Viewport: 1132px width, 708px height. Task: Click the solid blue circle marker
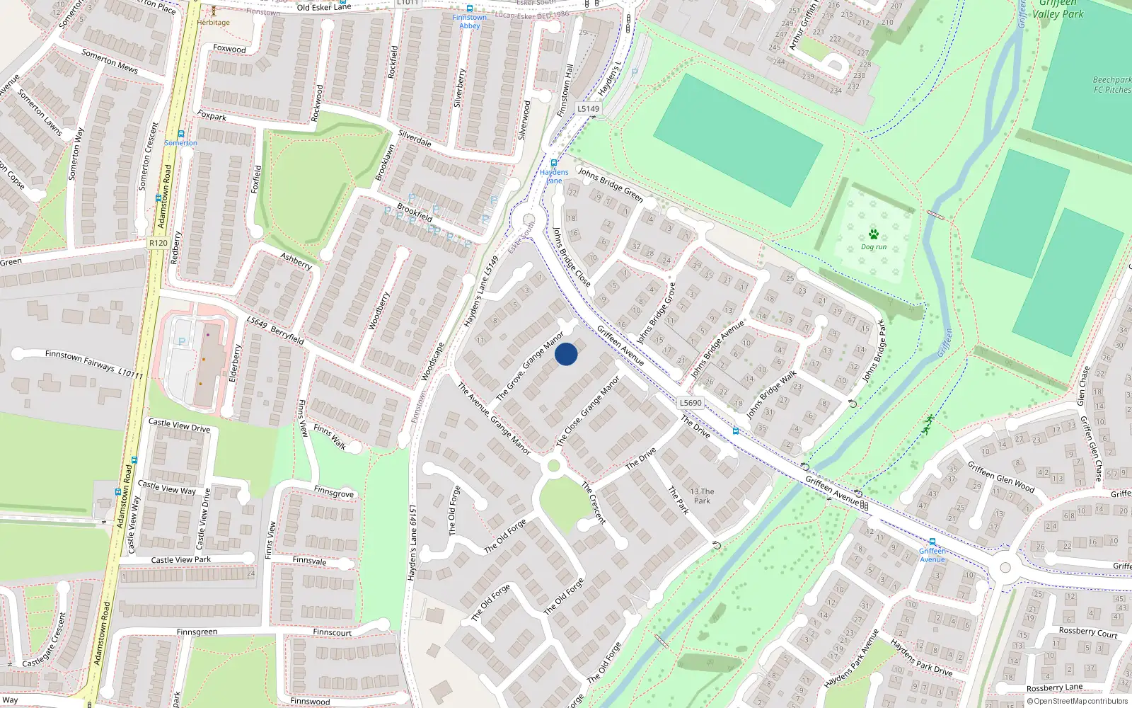566,354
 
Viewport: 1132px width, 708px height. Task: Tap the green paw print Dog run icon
873,234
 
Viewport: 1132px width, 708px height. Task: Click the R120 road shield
158,243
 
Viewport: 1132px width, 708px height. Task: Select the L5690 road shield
691,403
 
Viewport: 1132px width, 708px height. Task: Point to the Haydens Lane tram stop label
554,176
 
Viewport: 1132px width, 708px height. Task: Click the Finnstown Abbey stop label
470,21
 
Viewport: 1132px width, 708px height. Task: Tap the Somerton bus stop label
180,143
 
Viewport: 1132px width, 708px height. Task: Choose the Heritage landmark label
214,22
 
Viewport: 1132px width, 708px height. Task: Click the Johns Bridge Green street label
610,184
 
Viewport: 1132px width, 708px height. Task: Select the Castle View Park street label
181,559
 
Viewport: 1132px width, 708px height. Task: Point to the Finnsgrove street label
333,491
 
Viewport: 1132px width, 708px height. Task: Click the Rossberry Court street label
1087,632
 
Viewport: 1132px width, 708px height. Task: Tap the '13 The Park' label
702,496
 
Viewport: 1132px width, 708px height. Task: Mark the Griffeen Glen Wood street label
1000,477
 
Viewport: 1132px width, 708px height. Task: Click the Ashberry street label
296,261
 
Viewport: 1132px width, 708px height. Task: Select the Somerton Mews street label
110,61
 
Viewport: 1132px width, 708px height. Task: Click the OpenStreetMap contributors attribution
1077,702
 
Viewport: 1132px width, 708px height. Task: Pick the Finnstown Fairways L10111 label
93,363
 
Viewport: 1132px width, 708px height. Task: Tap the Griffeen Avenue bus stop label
932,555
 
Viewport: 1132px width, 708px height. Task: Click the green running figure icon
927,425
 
